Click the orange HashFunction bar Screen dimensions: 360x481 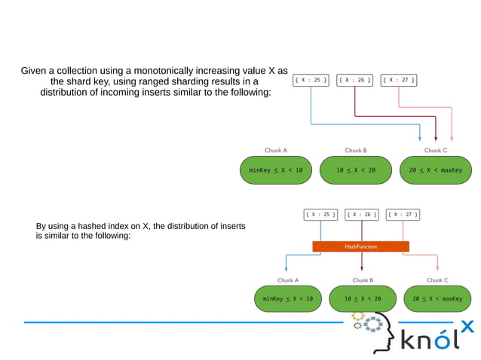pyautogui.click(x=360, y=246)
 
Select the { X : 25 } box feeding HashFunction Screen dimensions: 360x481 pyautogui.click(x=320, y=215)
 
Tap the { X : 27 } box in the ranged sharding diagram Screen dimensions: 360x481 pyautogui.click(x=398, y=80)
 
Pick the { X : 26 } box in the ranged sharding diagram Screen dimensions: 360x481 pyautogui.click(x=354, y=80)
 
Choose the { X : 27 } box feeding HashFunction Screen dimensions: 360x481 pyautogui.click(x=402, y=215)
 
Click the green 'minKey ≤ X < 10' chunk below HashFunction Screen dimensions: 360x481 pyautogui.click(x=287, y=299)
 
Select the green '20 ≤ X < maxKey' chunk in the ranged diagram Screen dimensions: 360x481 pyautogui.click(x=435, y=170)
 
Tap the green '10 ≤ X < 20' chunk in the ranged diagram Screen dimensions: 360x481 pyautogui.click(x=356, y=170)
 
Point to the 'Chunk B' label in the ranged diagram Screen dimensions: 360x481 pyautogui.click(x=356, y=150)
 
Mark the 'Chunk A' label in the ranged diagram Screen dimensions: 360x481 pyautogui.click(x=276, y=150)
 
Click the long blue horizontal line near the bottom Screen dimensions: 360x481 pyautogui.click(x=181, y=322)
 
